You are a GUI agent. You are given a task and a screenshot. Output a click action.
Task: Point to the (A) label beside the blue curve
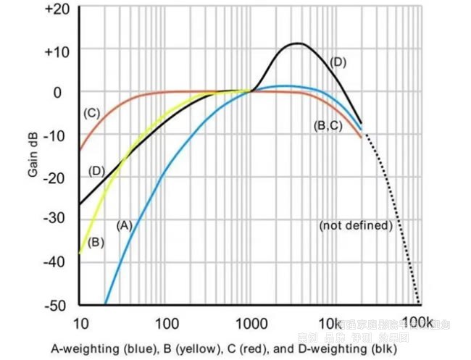[x=124, y=225]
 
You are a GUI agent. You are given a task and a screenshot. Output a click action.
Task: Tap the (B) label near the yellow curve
[x=96, y=242]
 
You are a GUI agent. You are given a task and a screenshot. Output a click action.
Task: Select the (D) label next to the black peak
[x=338, y=62]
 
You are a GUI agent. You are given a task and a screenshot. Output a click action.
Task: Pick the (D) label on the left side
[x=96, y=171]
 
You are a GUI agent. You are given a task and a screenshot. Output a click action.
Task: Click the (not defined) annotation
[x=356, y=225]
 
